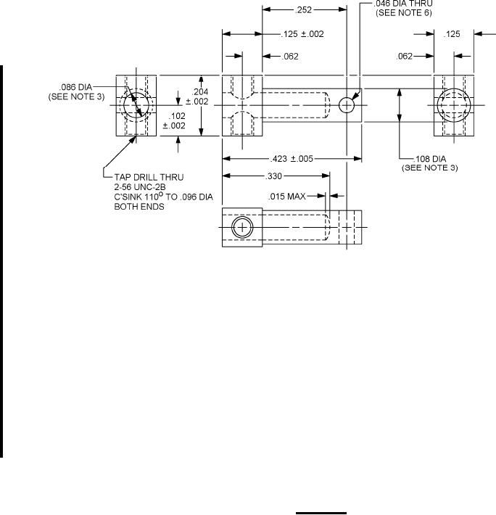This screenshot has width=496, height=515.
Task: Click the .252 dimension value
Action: point(303,10)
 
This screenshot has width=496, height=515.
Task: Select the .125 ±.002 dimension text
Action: point(302,34)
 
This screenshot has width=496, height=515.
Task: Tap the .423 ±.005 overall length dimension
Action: point(292,159)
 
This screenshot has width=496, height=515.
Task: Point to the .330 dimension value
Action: point(274,176)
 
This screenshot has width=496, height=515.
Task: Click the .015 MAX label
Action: point(287,197)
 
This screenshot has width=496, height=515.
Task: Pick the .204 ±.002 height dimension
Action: point(197,96)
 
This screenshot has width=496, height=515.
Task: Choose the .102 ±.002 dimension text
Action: point(174,120)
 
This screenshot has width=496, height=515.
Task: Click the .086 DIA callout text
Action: point(76,87)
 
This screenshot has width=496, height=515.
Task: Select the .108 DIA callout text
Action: point(430,159)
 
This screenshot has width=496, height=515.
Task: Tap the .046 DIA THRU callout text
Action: point(403,4)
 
